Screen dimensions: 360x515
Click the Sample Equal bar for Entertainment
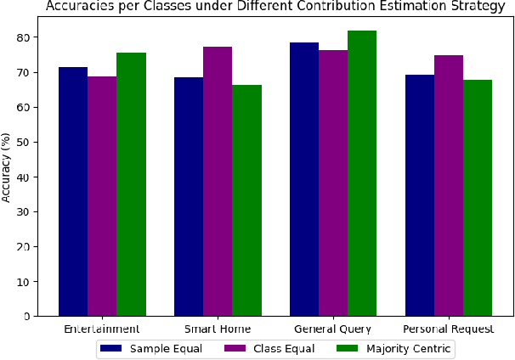(x=72, y=191)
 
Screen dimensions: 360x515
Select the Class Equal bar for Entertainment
(x=102, y=196)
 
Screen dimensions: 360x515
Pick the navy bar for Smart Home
(x=189, y=196)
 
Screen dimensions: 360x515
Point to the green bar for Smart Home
(x=246, y=200)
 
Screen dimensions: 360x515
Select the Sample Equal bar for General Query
(x=304, y=179)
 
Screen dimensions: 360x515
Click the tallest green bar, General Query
(x=362, y=173)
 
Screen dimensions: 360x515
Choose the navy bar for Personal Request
(x=420, y=195)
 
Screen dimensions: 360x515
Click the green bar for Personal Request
(x=478, y=198)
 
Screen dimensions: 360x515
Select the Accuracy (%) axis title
(x=7, y=177)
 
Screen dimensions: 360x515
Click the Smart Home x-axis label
(x=218, y=329)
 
